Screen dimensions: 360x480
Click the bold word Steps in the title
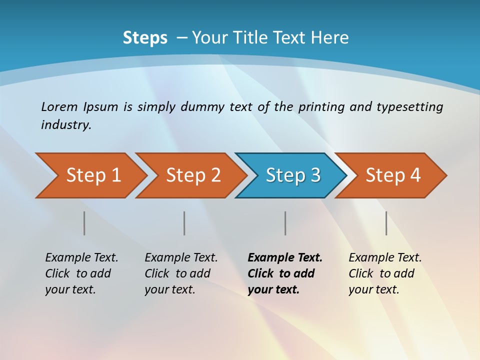pyautogui.click(x=145, y=38)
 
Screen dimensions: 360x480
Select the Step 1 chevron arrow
pyautogui.click(x=92, y=175)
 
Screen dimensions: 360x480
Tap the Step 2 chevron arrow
pyautogui.click(x=192, y=175)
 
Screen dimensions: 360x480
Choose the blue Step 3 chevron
pyautogui.click(x=292, y=175)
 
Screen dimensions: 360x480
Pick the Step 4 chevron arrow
pyautogui.click(x=392, y=175)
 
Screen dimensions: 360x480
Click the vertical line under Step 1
pyautogui.click(x=84, y=223)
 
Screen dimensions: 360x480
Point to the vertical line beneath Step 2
pyautogui.click(x=184, y=223)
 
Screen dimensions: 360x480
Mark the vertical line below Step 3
pyautogui.click(x=285, y=223)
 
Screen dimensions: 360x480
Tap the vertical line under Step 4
pyautogui.click(x=386, y=223)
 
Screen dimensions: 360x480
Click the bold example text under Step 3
pyautogui.click(x=284, y=273)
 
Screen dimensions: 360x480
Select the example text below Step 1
pyautogui.click(x=81, y=273)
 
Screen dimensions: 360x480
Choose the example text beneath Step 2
pyautogui.click(x=180, y=273)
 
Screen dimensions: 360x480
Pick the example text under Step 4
pyautogui.click(x=384, y=273)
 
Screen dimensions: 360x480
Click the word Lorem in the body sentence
pyautogui.click(x=59, y=106)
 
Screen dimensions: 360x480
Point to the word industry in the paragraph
pyautogui.click(x=66, y=125)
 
